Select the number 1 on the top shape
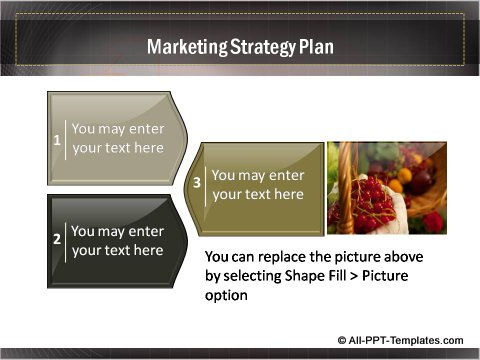click(x=57, y=139)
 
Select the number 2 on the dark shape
click(x=57, y=240)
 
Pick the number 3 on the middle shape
click(x=197, y=184)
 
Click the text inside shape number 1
click(x=118, y=138)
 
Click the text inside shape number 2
click(x=118, y=240)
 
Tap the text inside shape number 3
click(x=258, y=184)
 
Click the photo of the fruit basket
click(x=387, y=188)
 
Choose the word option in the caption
click(x=226, y=295)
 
